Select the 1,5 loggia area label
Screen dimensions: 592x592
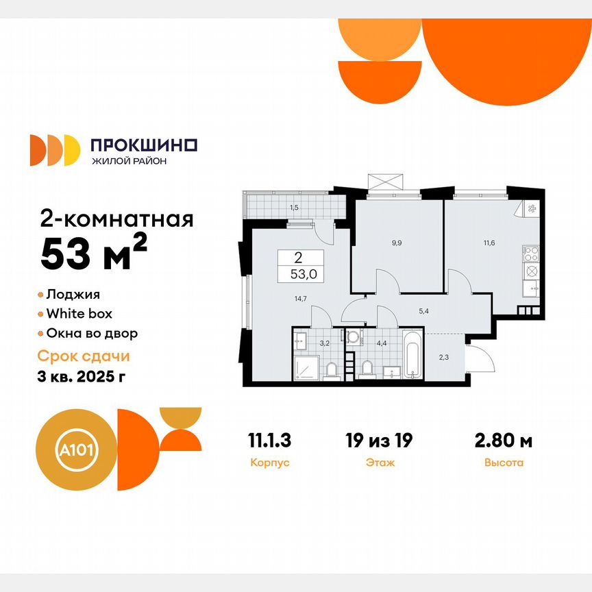tap(294, 206)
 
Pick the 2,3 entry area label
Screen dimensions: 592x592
tap(444, 356)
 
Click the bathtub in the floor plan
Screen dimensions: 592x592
tap(412, 356)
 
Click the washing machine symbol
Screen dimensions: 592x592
tap(353, 337)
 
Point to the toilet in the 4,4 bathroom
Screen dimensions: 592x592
tap(367, 369)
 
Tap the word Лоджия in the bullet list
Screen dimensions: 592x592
tap(73, 295)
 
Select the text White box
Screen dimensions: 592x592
tap(79, 314)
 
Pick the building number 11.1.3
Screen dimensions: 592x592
tap(271, 440)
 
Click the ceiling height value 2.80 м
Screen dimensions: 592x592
tap(504, 440)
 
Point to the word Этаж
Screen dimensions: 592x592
tap(380, 463)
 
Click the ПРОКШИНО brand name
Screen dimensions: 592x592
tap(144, 145)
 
